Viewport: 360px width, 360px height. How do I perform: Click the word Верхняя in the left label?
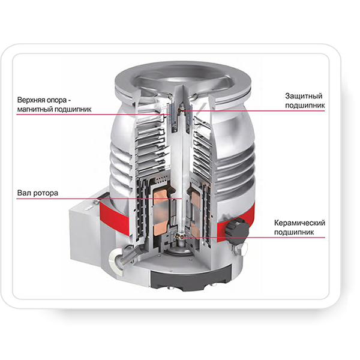pyautogui.click(x=30, y=100)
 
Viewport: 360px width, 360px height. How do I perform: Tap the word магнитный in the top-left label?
pyautogui.click(x=35, y=109)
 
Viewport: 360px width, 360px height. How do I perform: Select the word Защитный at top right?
pyautogui.click(x=304, y=96)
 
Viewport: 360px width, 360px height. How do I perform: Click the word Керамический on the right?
pyautogui.click(x=299, y=223)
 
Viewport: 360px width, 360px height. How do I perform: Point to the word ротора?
pyautogui.click(x=48, y=193)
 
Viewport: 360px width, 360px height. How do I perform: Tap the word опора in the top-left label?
pyautogui.click(x=56, y=100)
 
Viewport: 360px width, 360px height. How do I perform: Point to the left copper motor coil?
pyautogui.click(x=161, y=211)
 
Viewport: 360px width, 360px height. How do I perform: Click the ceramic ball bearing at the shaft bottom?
pyautogui.click(x=181, y=236)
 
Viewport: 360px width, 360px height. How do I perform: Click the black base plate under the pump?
pyautogui.click(x=191, y=278)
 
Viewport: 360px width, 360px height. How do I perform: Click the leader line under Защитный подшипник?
pyautogui.click(x=253, y=111)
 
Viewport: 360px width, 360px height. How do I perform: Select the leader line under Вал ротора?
pyautogui.click(x=100, y=199)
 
